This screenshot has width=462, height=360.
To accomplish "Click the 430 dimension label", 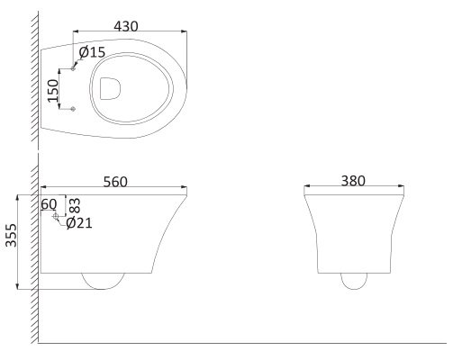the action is tap(126, 26).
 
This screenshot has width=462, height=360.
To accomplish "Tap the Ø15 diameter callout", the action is tap(92, 52).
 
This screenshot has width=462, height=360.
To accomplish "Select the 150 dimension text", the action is tap(53, 90).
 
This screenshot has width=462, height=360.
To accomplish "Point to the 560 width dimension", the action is tap(115, 182).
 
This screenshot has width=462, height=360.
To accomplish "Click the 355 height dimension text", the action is tap(12, 235).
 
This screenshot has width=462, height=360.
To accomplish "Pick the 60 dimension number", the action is tap(49, 204).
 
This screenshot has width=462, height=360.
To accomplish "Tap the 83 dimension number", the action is tap(75, 205).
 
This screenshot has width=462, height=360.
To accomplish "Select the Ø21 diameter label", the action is tap(79, 223).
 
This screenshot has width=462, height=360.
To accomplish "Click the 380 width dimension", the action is tap(353, 181).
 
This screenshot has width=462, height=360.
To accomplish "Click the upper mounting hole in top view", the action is tap(73, 68).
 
